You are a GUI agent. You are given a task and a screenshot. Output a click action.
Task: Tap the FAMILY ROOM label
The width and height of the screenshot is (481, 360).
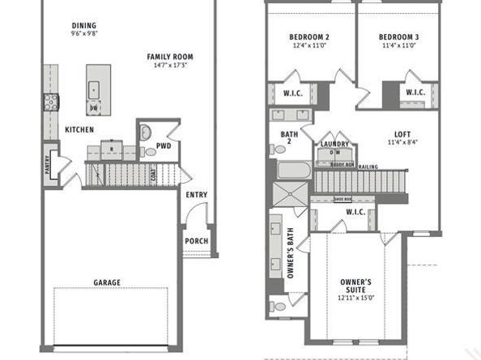[170, 57]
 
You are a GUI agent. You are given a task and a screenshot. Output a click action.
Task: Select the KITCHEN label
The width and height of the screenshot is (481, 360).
[79, 129]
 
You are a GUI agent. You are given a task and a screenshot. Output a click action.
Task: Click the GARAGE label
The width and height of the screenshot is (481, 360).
[107, 282]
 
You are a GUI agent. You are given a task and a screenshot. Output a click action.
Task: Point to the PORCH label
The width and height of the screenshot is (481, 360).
[196, 240]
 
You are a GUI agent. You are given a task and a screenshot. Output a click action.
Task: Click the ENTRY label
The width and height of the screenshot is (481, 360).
[196, 194]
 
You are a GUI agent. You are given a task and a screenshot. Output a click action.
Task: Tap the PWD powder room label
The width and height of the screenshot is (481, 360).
[163, 146]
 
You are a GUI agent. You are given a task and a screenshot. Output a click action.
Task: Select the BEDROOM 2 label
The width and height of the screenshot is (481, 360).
[309, 37]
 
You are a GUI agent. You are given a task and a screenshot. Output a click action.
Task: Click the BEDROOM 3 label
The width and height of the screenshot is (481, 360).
[398, 37]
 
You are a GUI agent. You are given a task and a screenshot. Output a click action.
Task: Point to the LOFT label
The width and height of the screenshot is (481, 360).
[402, 134]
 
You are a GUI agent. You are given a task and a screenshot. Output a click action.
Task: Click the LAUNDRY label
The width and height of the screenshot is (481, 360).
[334, 144]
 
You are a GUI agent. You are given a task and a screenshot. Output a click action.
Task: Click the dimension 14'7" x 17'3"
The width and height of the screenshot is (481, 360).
[170, 66]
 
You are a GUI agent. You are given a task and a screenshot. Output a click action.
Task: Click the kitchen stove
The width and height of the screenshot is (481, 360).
[50, 102]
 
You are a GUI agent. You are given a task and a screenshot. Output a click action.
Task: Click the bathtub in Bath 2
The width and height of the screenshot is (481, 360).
[293, 172]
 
